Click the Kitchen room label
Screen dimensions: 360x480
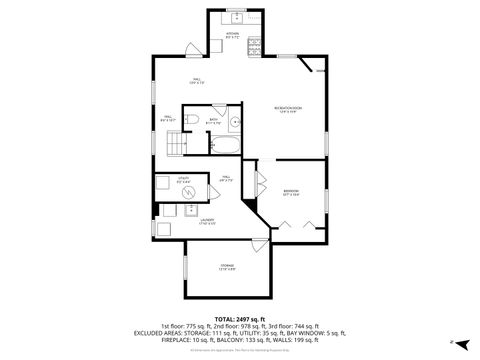pyautogui.click(x=232, y=34)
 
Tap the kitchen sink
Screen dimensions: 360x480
pyautogui.click(x=236, y=18)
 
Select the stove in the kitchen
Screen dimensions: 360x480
pyautogui.click(x=253, y=43)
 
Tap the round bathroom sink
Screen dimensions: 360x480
pyautogui.click(x=233, y=123)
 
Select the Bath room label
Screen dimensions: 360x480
pyautogui.click(x=214, y=122)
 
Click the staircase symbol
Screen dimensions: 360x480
pyautogui.click(x=176, y=146)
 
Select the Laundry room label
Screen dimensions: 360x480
pyautogui.click(x=206, y=220)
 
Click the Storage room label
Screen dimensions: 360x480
pyautogui.click(x=227, y=266)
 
